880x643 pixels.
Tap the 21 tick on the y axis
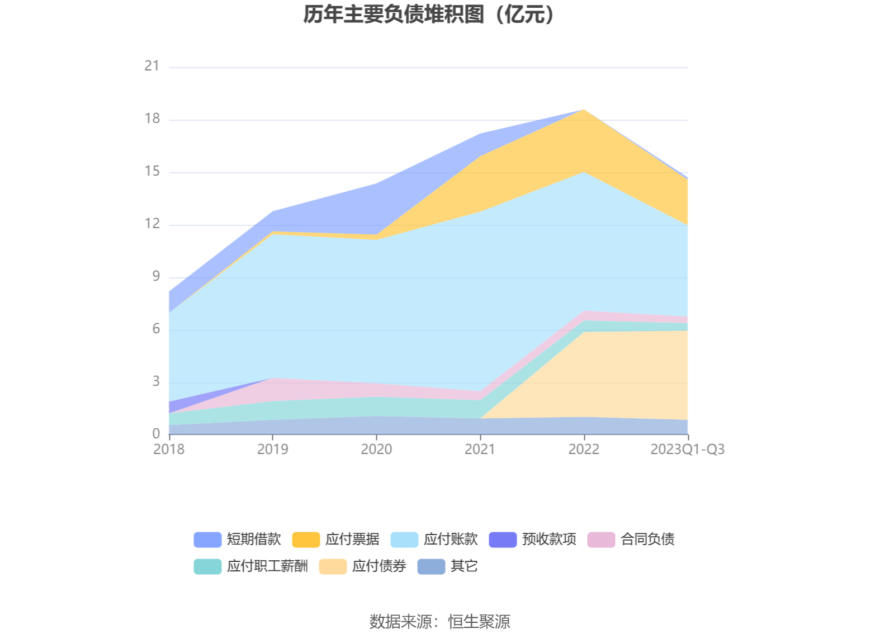pyautogui.click(x=152, y=67)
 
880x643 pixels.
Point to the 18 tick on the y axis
pyautogui.click(x=152, y=119)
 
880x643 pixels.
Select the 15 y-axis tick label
pyautogui.click(x=152, y=172)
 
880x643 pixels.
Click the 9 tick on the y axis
pyautogui.click(x=156, y=277)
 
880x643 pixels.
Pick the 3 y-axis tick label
pyautogui.click(x=156, y=382)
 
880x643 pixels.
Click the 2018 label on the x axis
pyautogui.click(x=169, y=450)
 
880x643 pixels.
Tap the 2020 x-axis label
pyautogui.click(x=376, y=450)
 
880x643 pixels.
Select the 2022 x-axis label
pyautogui.click(x=584, y=450)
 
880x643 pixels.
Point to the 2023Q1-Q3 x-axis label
pyautogui.click(x=687, y=450)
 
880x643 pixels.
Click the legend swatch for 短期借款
pyautogui.click(x=207, y=540)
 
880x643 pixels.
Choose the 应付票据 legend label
pyautogui.click(x=352, y=540)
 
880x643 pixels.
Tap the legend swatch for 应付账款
pyautogui.click(x=404, y=540)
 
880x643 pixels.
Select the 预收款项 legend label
pyautogui.click(x=549, y=540)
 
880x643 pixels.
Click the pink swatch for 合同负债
pyautogui.click(x=601, y=540)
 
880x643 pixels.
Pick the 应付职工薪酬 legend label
pyautogui.click(x=267, y=566)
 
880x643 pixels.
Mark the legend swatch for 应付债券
pyautogui.click(x=333, y=566)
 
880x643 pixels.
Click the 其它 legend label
pyautogui.click(x=464, y=566)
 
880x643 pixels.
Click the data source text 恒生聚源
pyautogui.click(x=479, y=622)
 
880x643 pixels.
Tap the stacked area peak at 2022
pyautogui.click(x=584, y=110)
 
